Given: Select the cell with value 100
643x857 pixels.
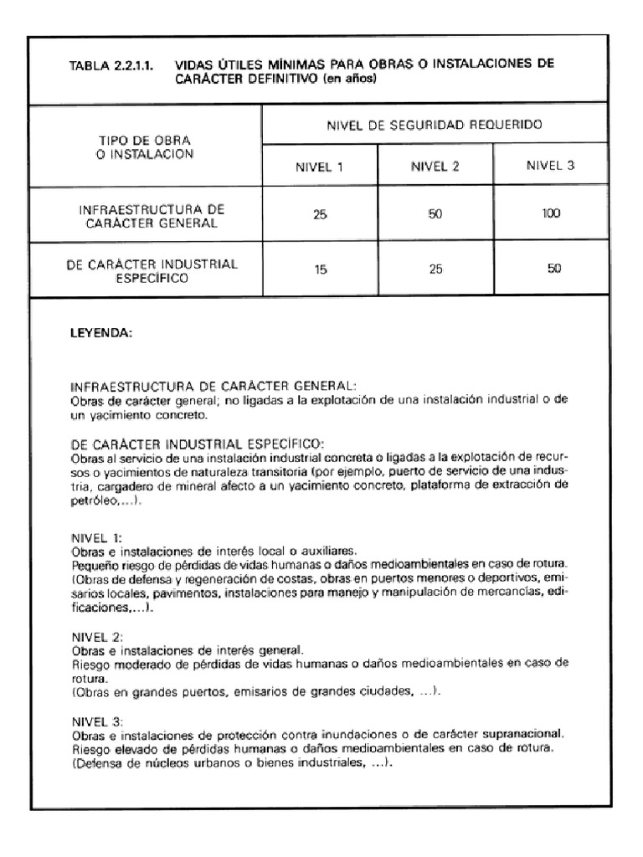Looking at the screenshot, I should tap(549, 214).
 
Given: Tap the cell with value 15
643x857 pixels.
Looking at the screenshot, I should tap(321, 270).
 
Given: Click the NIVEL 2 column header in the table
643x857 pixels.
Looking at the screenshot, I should tap(435, 166).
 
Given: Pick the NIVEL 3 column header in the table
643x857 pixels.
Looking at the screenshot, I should tap(550, 165).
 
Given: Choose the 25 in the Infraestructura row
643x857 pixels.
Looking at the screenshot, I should tap(321, 214).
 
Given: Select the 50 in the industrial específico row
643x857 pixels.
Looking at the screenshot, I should tap(549, 269).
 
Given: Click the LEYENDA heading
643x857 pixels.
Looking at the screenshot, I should tap(100, 332).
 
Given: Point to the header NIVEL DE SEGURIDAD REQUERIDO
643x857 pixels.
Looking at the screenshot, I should tap(434, 125).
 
